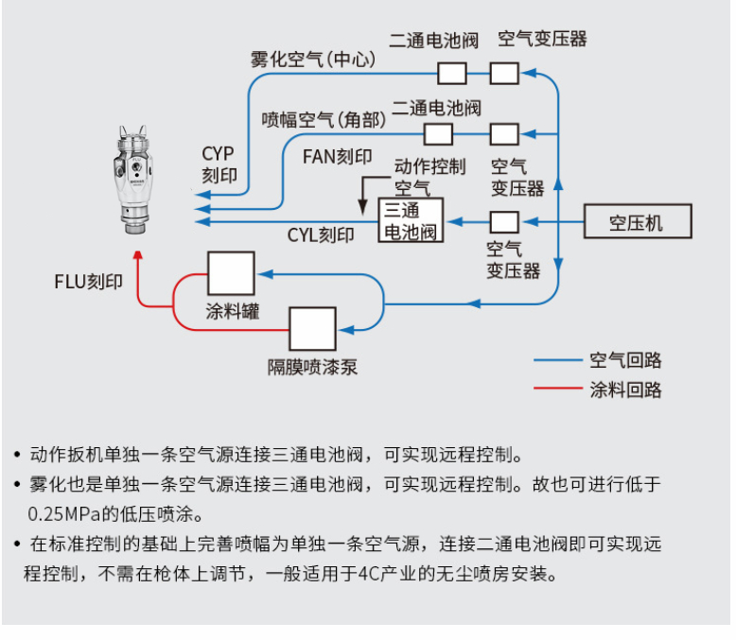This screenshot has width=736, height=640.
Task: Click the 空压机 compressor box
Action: pos(637,222)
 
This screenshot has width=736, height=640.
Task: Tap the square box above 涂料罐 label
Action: pos(231,274)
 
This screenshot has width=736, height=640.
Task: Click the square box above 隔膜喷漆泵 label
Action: pos(312,330)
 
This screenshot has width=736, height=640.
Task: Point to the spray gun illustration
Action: pos(138,180)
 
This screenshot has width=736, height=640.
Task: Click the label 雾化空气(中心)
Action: pos(313,60)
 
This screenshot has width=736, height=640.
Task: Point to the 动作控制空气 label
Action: pos(429,177)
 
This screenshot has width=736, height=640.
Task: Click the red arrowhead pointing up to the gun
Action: pos(138,255)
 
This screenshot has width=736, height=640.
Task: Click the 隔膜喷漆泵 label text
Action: pos(312,367)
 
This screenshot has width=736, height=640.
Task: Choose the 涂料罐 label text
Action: pos(232,310)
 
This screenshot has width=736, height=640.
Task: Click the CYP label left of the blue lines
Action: pos(218,153)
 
